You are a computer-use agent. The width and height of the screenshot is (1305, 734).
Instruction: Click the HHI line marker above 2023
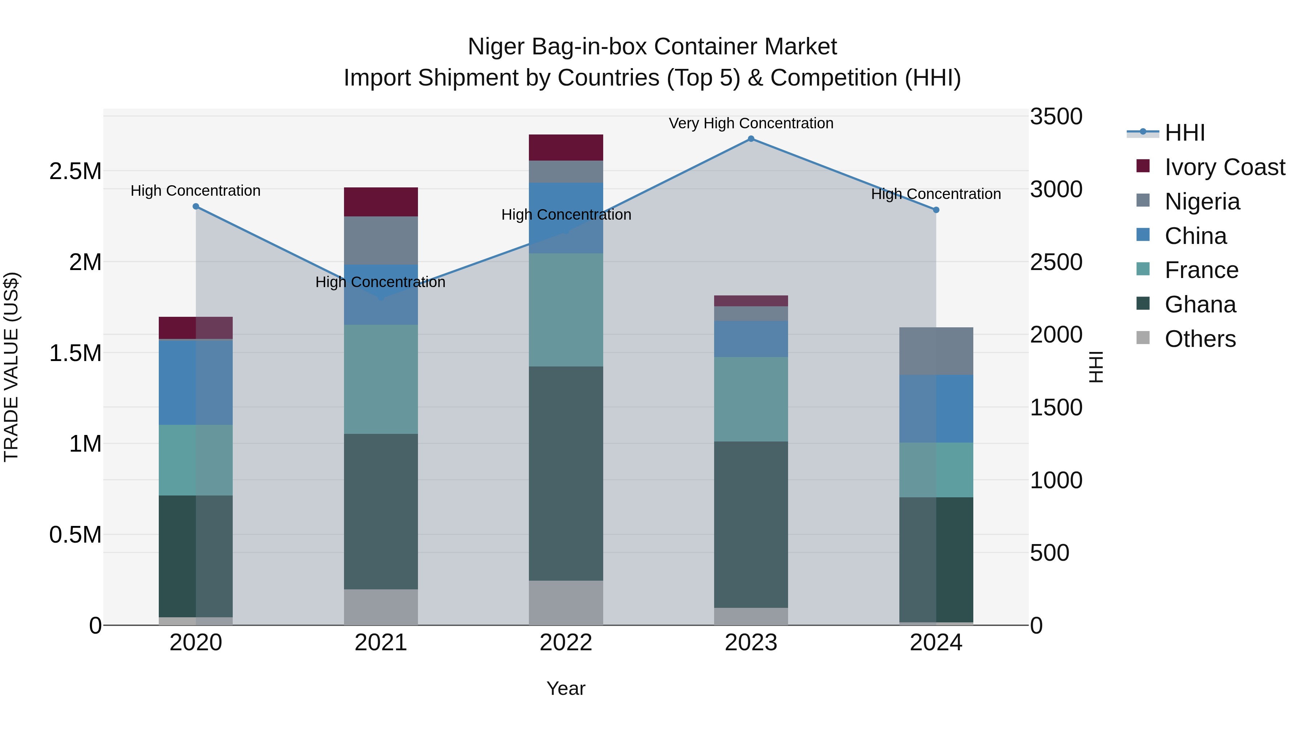click(x=751, y=139)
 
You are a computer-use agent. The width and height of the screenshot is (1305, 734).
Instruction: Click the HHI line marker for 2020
click(x=196, y=207)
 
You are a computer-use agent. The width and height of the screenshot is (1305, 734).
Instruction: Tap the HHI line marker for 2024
click(x=936, y=210)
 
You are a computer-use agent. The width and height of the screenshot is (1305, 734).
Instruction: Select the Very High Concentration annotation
click(x=751, y=123)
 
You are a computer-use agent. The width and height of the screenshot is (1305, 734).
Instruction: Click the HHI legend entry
click(x=1184, y=133)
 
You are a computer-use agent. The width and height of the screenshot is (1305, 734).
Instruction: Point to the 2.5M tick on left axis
click(x=75, y=171)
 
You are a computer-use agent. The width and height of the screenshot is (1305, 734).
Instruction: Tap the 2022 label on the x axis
click(x=566, y=643)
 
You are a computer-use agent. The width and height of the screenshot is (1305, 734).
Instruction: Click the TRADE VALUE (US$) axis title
click(x=12, y=367)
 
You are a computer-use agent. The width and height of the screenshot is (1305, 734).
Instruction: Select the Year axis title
click(x=566, y=688)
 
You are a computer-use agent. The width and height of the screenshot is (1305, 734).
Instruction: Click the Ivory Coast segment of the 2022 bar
click(x=566, y=148)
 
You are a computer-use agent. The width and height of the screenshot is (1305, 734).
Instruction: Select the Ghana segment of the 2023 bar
click(x=751, y=524)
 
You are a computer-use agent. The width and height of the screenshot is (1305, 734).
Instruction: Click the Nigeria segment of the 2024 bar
click(x=936, y=351)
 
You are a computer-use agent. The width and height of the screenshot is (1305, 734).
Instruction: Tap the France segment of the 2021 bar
click(x=381, y=379)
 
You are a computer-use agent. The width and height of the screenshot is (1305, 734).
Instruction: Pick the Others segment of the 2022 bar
click(x=566, y=603)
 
